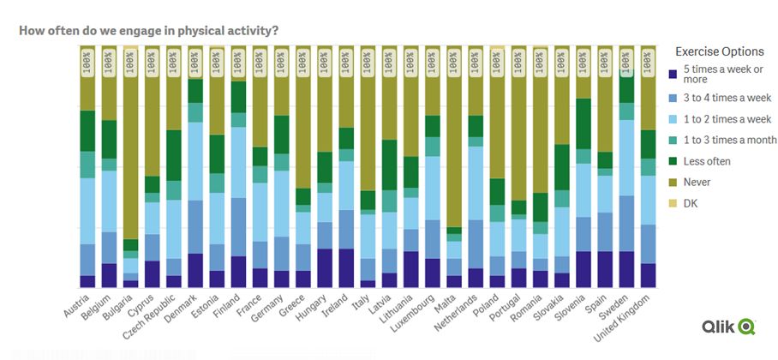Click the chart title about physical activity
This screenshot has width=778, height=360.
tap(148, 30)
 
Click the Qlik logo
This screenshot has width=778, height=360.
tap(728, 327)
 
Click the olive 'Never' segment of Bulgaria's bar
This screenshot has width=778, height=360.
tap(130, 154)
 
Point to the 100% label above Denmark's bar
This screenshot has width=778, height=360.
tap(195, 62)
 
